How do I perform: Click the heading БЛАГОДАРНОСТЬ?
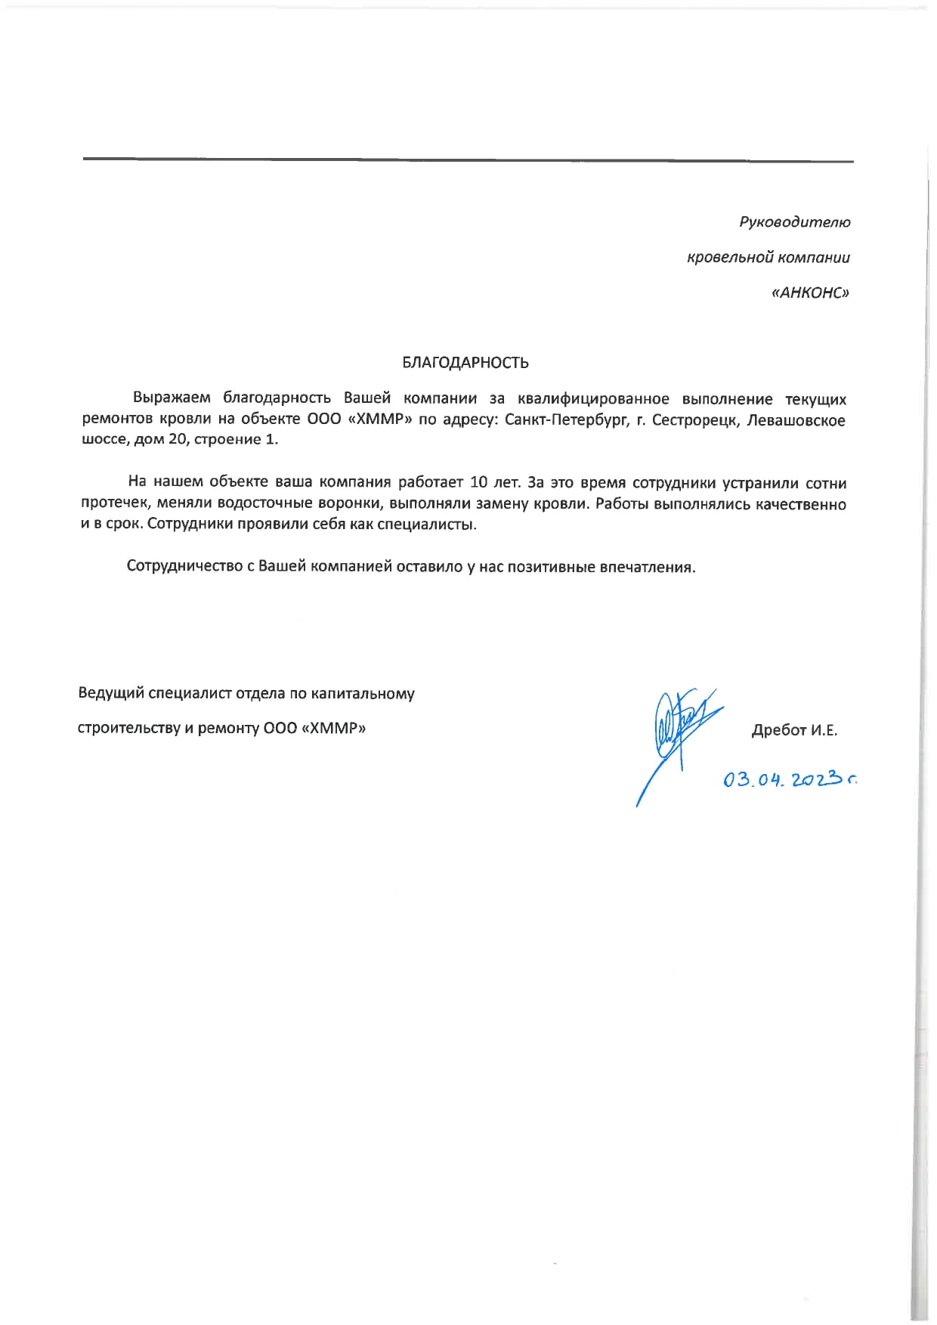pyautogui.click(x=465, y=363)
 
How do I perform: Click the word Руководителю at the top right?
pyautogui.click(x=794, y=222)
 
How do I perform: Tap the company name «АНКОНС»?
pyautogui.click(x=810, y=293)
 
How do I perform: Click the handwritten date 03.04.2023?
pyautogui.click(x=790, y=779)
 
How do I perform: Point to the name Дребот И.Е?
pyautogui.click(x=794, y=730)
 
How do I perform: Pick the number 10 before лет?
pyautogui.click(x=479, y=482)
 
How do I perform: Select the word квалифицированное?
pyautogui.click(x=599, y=399)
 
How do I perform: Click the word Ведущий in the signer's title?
pyautogui.click(x=110, y=693)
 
